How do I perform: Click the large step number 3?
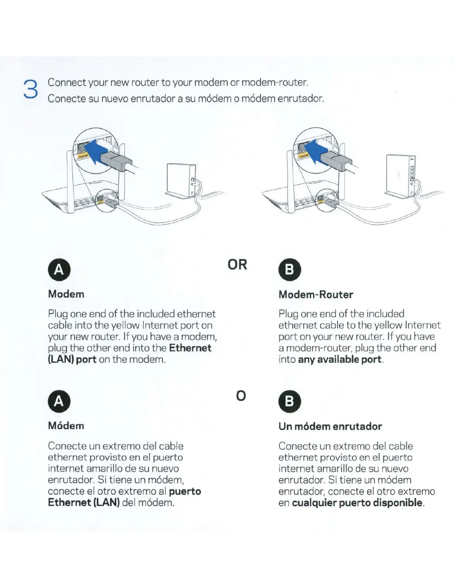(x=30, y=90)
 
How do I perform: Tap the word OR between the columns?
(x=237, y=265)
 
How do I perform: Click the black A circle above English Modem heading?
(x=59, y=269)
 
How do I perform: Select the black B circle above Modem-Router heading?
(x=289, y=269)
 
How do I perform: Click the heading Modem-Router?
(x=316, y=295)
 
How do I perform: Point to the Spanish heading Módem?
(x=66, y=425)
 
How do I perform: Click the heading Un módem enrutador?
(x=330, y=426)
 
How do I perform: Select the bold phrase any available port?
(x=339, y=359)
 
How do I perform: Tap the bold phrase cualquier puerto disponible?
(x=358, y=503)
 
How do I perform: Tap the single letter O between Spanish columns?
(x=241, y=396)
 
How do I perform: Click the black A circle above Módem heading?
(x=59, y=401)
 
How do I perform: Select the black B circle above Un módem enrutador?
(x=289, y=401)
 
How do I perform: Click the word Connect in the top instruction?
(x=67, y=82)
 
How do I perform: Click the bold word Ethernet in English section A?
(x=190, y=348)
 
